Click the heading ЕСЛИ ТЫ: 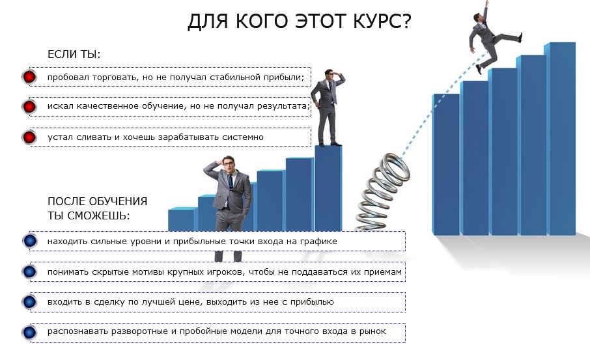pos(74,54)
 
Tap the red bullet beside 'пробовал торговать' pos(29,77)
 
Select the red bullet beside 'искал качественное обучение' pos(29,107)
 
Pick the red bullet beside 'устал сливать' pos(29,137)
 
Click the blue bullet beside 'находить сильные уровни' pos(29,241)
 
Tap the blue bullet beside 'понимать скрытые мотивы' pos(29,271)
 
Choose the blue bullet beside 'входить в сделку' pos(29,302)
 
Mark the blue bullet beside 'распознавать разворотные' pos(29,332)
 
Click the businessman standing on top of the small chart pos(328,107)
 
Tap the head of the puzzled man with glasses pos(227,163)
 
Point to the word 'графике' pos(320,241)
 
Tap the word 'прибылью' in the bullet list pos(314,302)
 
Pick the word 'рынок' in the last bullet pos(373,332)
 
